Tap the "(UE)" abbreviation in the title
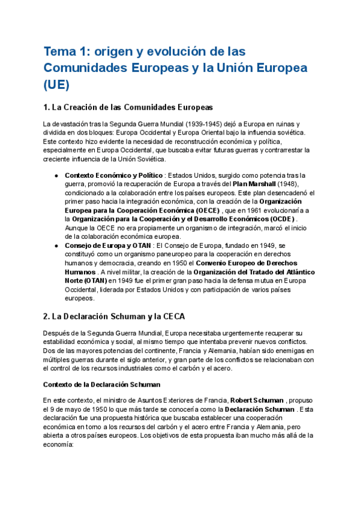pyautogui.click(x=56, y=85)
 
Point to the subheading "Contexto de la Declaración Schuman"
pyautogui.click(x=102, y=384)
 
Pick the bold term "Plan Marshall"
pyautogui.click(x=256, y=184)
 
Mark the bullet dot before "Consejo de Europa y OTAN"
pyautogui.click(x=56, y=245)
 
